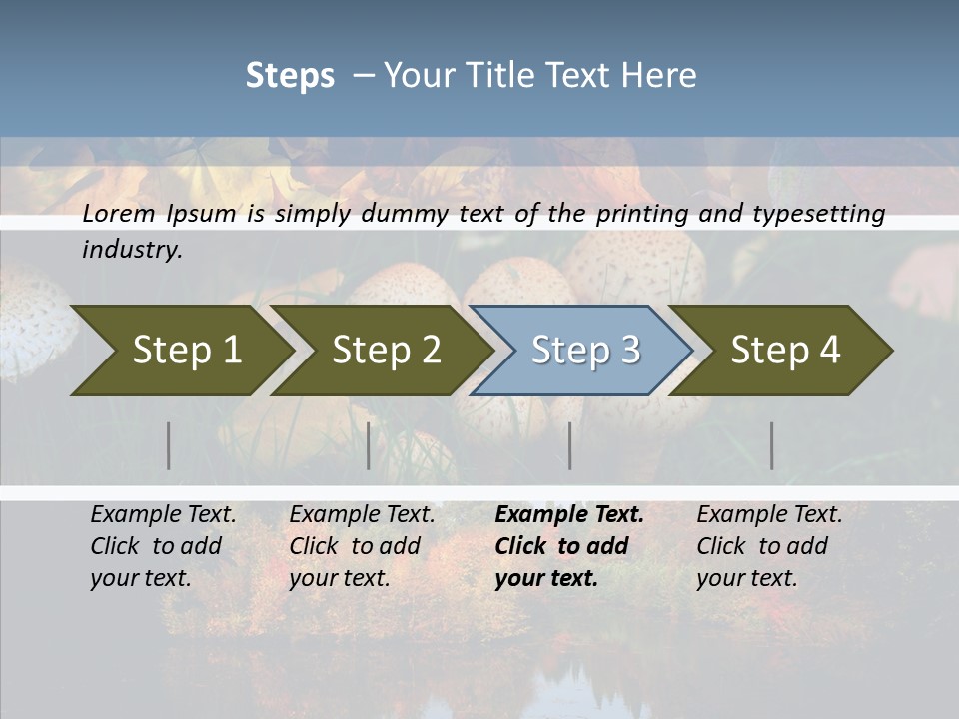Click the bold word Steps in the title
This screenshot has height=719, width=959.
coord(290,76)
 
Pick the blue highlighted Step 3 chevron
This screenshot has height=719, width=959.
coord(585,351)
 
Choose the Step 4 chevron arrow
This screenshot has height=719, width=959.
coord(785,351)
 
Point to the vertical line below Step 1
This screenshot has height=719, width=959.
coord(169,445)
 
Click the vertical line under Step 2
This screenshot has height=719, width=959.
coord(369,445)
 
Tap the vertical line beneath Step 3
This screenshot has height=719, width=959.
coord(570,445)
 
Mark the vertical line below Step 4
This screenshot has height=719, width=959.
coord(772,445)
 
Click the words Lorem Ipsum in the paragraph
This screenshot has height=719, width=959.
coord(159,214)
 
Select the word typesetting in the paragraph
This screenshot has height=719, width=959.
coord(818,214)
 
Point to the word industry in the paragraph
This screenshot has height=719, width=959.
coord(132,250)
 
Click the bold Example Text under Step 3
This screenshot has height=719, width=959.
coord(569,515)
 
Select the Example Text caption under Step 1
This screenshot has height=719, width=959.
coord(163,515)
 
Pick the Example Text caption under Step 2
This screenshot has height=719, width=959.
coord(362,515)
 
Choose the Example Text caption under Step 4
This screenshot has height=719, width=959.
coord(769,515)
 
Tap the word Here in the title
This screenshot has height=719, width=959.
coord(663,76)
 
